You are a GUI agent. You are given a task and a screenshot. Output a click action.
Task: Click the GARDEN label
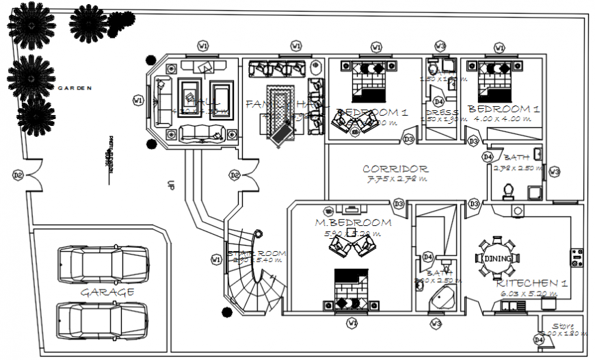[75, 88]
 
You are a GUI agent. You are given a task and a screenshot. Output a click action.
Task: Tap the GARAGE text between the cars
[107, 292]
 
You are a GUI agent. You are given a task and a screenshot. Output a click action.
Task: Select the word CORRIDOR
[395, 169]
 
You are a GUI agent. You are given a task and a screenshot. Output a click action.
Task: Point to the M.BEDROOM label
[353, 222]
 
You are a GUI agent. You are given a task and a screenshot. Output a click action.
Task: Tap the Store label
[564, 326]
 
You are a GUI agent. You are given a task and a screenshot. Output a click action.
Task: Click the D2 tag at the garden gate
[18, 176]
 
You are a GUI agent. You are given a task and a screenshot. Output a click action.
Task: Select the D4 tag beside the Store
[539, 339]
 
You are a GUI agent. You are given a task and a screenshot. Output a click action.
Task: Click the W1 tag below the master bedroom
[352, 322]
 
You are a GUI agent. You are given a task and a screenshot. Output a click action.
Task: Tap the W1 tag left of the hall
[138, 101]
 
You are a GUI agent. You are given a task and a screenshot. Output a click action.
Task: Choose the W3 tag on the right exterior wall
[554, 172]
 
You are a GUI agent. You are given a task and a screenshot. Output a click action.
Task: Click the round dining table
[497, 258]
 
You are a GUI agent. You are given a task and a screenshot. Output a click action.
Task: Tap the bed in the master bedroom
[352, 291]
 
